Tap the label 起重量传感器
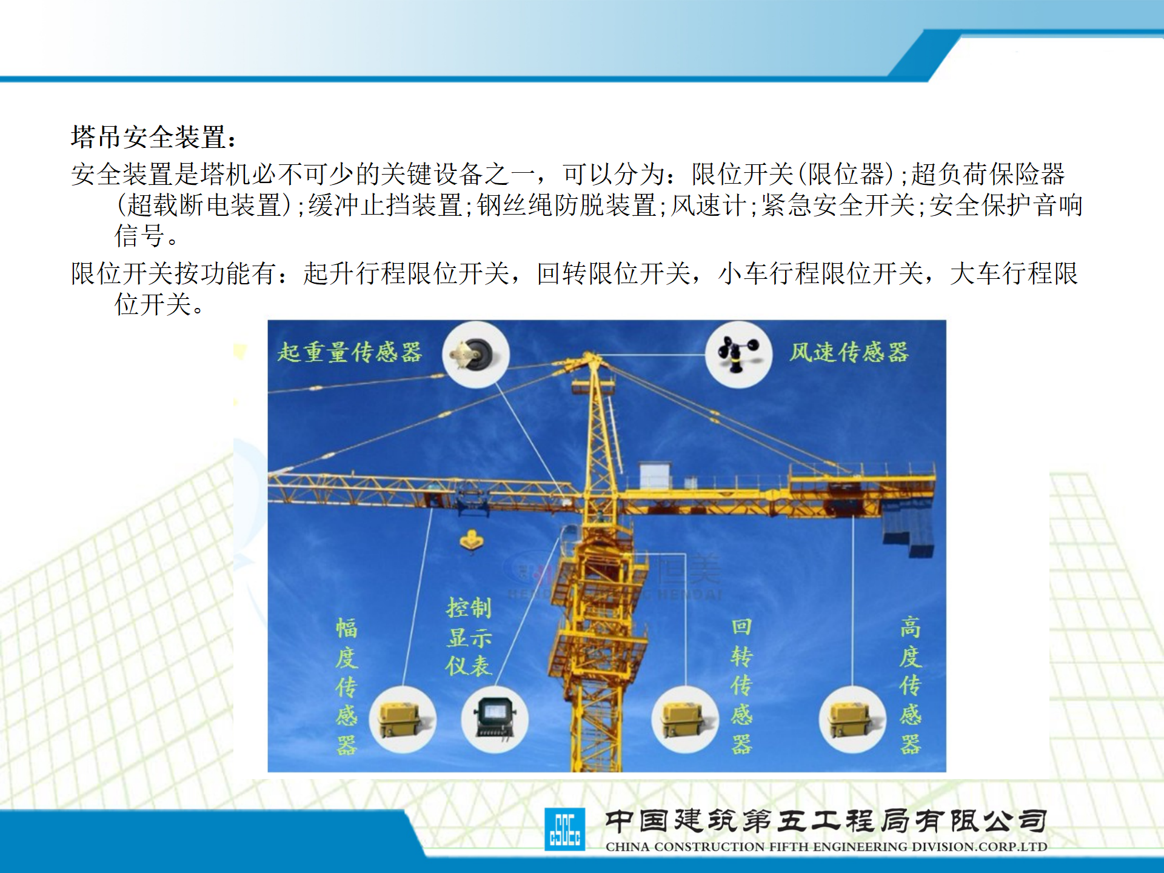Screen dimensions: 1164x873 (350, 352)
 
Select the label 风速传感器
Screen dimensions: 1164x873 (849, 352)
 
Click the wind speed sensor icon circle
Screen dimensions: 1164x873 (738, 355)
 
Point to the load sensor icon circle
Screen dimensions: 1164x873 (476, 355)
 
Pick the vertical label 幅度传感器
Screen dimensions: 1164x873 (347, 686)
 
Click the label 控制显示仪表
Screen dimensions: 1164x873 (469, 637)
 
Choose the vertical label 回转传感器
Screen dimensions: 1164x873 (741, 686)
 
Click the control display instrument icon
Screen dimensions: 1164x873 (495, 720)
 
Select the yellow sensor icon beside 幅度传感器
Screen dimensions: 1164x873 (403, 720)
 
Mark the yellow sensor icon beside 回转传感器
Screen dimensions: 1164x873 (685, 720)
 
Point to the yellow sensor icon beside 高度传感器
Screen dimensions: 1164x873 (852, 720)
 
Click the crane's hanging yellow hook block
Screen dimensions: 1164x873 (472, 540)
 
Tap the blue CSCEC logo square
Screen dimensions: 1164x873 (565, 829)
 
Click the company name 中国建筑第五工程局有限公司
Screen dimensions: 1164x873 (826, 821)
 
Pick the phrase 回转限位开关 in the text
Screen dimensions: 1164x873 (614, 273)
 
